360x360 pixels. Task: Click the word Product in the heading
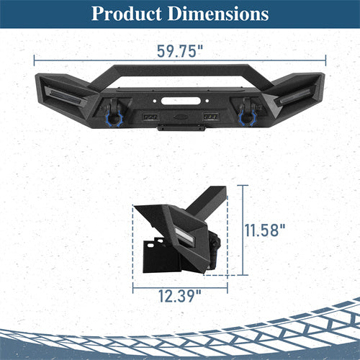[x=127, y=14]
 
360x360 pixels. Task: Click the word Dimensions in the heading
[x=218, y=14]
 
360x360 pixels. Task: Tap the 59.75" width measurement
[x=180, y=51]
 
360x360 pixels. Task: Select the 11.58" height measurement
[x=265, y=230]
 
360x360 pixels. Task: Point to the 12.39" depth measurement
[x=180, y=296]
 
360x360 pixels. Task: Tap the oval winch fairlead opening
[x=181, y=101]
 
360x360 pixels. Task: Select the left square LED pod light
[x=150, y=117]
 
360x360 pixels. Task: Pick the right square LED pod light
[x=211, y=117]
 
